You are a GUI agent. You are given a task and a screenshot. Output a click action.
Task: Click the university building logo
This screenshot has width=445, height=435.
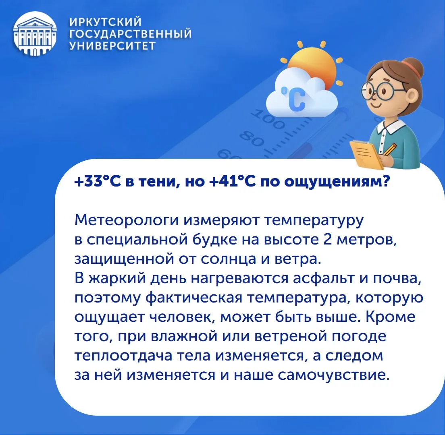[35, 33]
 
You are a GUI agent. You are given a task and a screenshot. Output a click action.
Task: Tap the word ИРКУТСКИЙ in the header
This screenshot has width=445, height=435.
[106, 22]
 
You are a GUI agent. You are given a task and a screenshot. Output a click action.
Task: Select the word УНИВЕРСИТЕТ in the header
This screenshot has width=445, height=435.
[113, 46]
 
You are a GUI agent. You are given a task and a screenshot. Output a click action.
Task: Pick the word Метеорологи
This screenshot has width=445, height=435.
[127, 221]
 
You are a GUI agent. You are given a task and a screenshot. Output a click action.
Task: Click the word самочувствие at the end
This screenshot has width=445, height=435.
[333, 375]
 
